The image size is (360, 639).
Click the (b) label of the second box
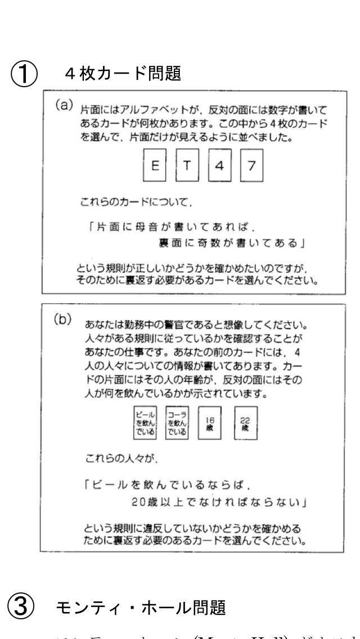(x=61, y=319)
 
